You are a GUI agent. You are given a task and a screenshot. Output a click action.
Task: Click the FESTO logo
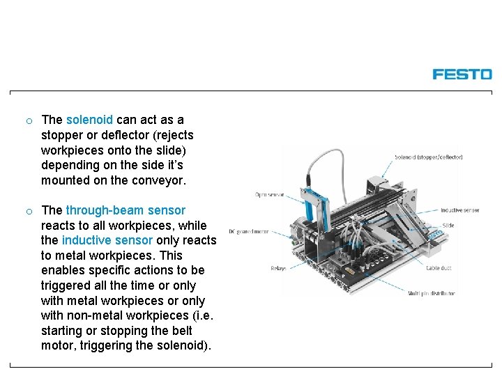pyautogui.click(x=462, y=74)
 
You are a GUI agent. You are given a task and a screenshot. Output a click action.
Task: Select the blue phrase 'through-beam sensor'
pyautogui.click(x=125, y=210)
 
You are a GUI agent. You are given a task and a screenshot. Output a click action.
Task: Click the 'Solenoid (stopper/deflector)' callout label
pyautogui.click(x=429, y=157)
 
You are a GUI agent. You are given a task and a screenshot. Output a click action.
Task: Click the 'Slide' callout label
pyautogui.click(x=448, y=226)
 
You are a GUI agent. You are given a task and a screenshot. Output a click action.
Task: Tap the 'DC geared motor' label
pyautogui.click(x=250, y=232)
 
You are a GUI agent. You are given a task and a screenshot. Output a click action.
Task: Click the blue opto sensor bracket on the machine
pyautogui.click(x=317, y=209)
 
